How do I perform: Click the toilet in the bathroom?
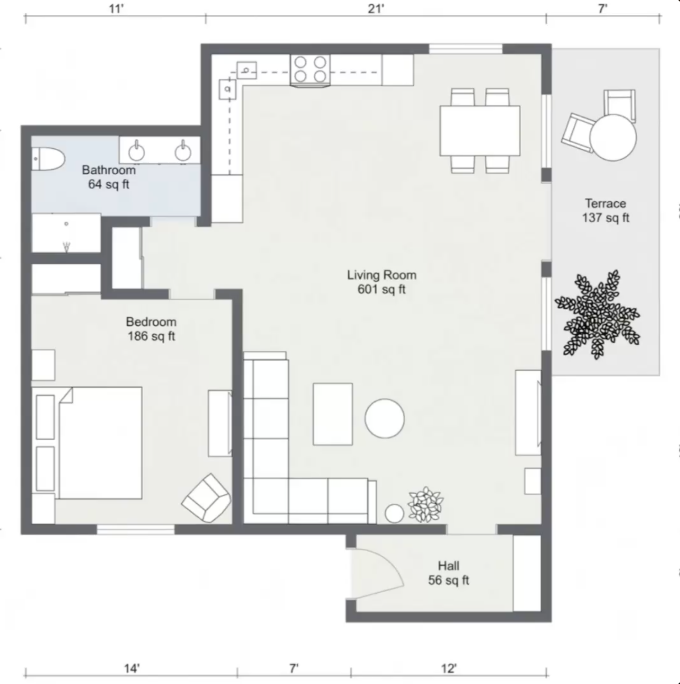tap(49, 159)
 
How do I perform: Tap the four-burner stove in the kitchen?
tap(310, 70)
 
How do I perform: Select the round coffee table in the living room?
tap(384, 418)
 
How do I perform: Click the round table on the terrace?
tap(613, 137)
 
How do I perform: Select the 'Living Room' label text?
tap(382, 275)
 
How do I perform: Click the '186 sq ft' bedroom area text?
tap(151, 336)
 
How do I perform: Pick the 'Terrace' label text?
tap(605, 203)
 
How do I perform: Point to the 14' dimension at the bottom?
tap(132, 668)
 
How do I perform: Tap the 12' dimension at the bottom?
tap(449, 668)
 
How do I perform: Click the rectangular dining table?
tap(480, 131)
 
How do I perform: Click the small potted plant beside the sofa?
tap(426, 504)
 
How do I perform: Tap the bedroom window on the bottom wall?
tap(136, 530)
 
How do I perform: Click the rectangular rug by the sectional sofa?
tap(332, 414)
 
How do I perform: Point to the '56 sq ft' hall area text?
tap(448, 580)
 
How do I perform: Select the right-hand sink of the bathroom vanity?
tap(183, 152)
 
